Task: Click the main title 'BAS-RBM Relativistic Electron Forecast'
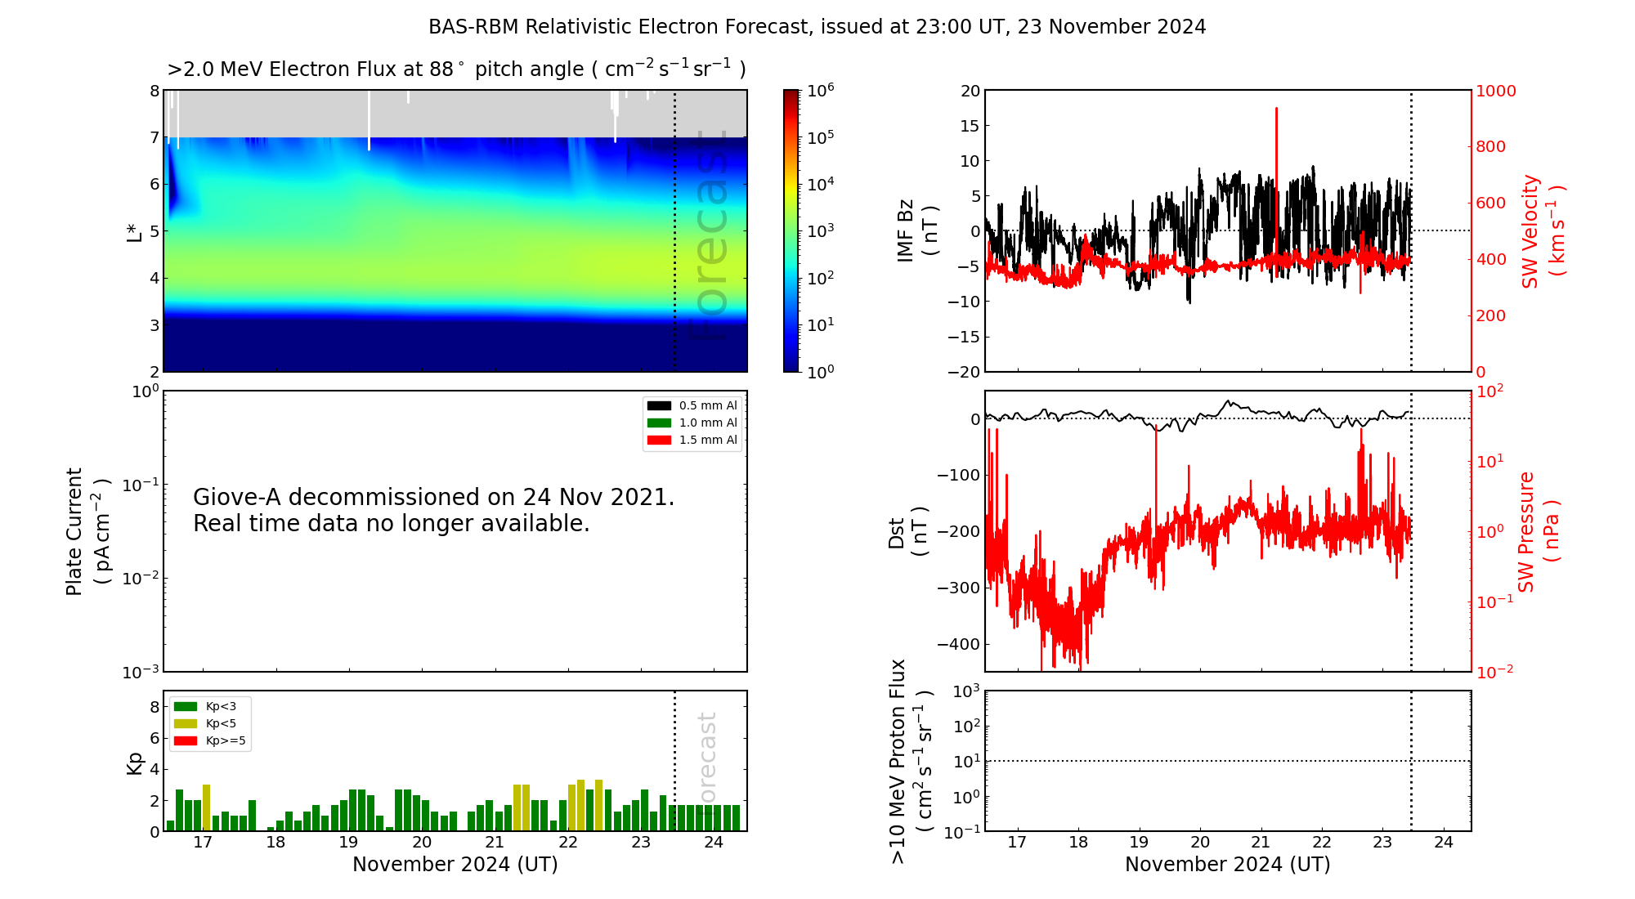tap(817, 27)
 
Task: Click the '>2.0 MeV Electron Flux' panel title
tap(456, 69)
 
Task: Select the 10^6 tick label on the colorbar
tap(821, 91)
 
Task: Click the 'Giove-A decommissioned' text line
tap(433, 497)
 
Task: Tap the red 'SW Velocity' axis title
tap(1530, 231)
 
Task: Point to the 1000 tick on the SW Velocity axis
tap(1495, 91)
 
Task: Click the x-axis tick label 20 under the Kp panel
tap(422, 843)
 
